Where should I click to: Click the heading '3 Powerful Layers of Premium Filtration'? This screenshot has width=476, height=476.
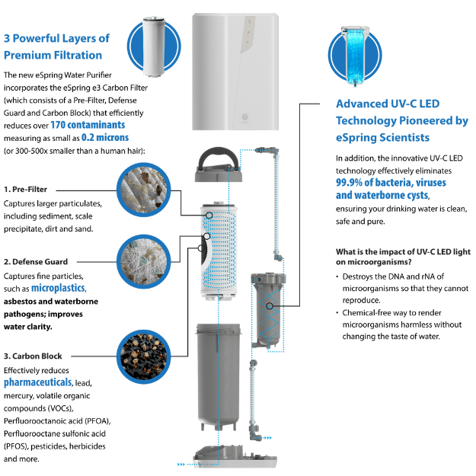click(57, 46)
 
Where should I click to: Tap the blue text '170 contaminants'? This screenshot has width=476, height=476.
click(88, 125)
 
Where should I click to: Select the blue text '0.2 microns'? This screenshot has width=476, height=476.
click(105, 138)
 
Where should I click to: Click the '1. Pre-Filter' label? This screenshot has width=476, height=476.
click(25, 190)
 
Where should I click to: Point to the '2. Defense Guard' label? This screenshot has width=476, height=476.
click(36, 262)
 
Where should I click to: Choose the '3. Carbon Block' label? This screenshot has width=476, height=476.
click(33, 356)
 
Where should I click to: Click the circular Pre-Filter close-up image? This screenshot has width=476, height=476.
click(144, 190)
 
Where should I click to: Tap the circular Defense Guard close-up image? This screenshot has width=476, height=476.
click(144, 261)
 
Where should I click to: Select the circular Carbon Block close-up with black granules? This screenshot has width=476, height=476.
click(144, 356)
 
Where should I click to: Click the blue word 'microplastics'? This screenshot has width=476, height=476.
click(58, 288)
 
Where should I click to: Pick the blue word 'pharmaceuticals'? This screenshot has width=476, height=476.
click(38, 382)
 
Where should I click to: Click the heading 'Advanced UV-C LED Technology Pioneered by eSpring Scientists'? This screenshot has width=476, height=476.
click(402, 120)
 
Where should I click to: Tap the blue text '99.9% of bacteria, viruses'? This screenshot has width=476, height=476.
click(391, 183)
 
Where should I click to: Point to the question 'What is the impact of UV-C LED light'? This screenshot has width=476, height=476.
click(403, 251)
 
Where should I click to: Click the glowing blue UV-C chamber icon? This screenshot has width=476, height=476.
click(355, 56)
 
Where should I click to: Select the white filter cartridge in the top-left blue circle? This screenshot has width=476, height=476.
click(154, 46)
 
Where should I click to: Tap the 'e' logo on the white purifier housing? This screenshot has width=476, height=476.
click(244, 117)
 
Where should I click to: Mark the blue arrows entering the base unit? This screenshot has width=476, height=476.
click(181, 464)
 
